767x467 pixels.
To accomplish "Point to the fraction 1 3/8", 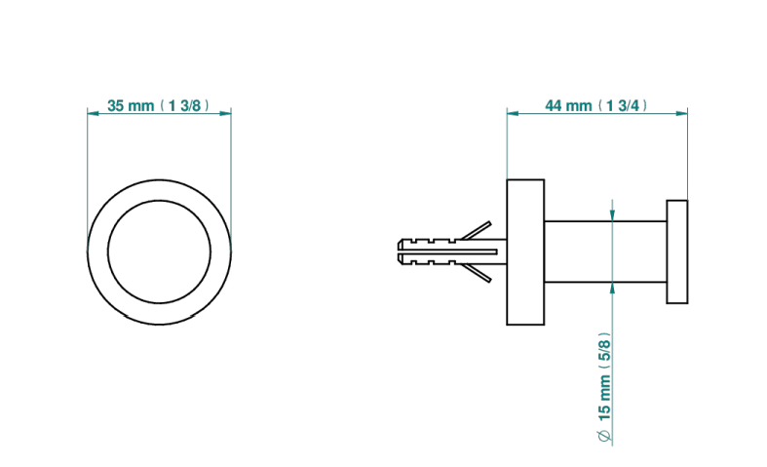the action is [x=184, y=105].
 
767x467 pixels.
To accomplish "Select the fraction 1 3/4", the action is [x=623, y=105].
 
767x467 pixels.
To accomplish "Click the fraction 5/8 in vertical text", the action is [x=604, y=347].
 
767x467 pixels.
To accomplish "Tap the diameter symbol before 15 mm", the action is [x=604, y=436].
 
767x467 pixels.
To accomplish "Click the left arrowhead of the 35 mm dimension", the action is [x=93, y=113].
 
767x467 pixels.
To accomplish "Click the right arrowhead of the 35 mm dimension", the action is [x=225, y=113].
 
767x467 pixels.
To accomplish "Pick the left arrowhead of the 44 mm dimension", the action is [x=513, y=113].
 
